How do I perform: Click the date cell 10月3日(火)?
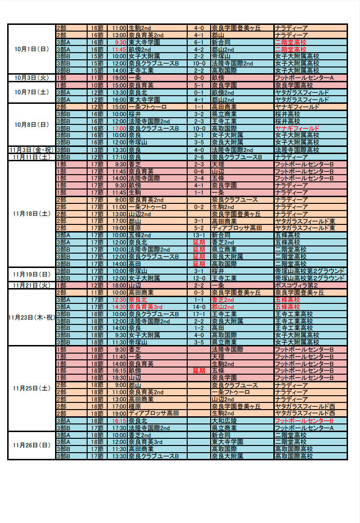point(32,78)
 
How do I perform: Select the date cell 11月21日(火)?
point(32,286)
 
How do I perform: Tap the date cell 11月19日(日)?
point(32,275)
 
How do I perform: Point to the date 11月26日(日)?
point(32,445)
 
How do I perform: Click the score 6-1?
point(199,43)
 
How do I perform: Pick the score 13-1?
point(199,235)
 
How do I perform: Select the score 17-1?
point(199,314)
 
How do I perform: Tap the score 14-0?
point(199,307)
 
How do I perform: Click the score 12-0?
point(199,278)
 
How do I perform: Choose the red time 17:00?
point(119,128)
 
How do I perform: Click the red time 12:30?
point(119,300)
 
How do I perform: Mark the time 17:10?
point(119,157)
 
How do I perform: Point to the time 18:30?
point(119,378)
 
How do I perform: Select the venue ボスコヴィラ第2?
point(296,286)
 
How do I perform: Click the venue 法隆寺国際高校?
point(297,150)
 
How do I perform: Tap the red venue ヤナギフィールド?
point(297,128)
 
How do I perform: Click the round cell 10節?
point(97,85)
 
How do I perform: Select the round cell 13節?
point(97,150)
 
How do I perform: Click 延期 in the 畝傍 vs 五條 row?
point(199,370)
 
